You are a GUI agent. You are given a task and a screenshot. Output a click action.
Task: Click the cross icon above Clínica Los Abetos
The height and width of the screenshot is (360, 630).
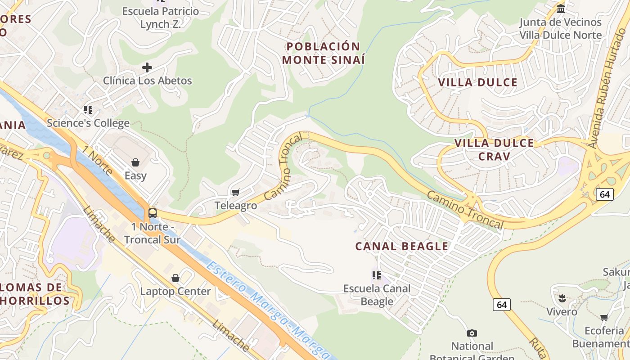tap(147, 68)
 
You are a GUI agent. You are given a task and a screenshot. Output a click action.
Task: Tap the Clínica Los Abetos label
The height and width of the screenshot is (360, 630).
tap(147, 81)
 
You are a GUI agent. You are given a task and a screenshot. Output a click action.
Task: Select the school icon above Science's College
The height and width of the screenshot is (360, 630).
tap(88, 110)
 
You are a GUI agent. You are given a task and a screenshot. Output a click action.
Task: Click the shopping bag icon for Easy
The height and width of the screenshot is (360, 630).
tap(135, 162)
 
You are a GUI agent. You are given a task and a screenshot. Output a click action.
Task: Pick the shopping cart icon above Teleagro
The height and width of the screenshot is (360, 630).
tap(235, 193)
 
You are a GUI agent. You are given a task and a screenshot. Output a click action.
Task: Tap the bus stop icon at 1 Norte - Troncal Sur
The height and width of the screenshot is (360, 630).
tap(153, 213)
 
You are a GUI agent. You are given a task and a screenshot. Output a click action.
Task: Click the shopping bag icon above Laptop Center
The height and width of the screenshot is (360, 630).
tap(175, 278)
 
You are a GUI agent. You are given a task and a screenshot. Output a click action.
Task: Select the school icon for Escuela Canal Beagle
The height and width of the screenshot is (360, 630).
tap(377, 275)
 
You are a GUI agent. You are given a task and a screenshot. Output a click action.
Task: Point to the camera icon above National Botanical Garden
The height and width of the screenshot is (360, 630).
tap(472, 333)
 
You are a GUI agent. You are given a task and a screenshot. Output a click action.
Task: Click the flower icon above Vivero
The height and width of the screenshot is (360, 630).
tap(562, 298)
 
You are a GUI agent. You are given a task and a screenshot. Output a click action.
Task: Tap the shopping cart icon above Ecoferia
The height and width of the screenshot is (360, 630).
tap(604, 318)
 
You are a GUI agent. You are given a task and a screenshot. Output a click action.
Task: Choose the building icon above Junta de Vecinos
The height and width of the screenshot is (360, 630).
tap(561, 9)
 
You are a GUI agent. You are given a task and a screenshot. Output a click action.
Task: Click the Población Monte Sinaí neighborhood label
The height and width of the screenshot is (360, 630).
tap(323, 53)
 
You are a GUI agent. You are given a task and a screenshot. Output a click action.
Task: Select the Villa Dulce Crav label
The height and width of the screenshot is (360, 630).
tap(494, 149)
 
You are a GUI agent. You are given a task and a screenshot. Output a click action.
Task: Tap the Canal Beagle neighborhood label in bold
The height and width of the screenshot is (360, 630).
tap(401, 247)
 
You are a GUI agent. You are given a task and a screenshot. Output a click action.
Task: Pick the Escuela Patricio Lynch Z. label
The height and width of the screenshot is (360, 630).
tap(161, 18)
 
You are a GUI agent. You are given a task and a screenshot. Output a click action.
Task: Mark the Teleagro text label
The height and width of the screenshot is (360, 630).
tap(236, 206)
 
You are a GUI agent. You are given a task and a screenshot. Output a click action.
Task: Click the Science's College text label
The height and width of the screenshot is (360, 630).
tap(88, 123)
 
